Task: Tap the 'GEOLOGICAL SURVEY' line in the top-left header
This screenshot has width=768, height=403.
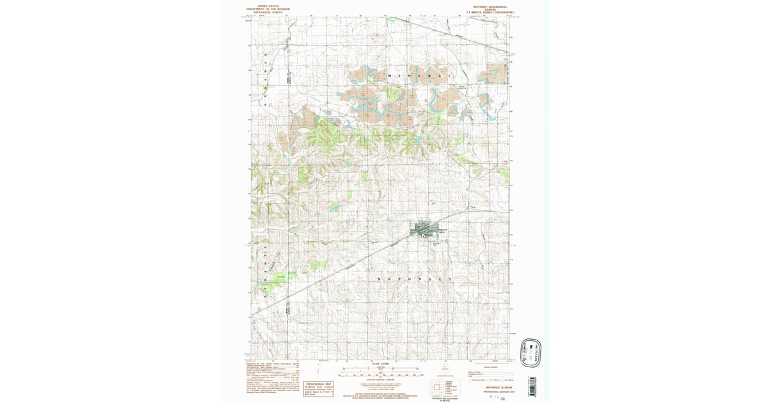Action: (x=268, y=12)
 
